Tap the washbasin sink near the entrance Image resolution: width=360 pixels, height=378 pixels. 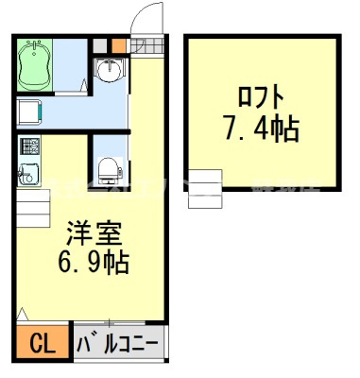click(110, 70)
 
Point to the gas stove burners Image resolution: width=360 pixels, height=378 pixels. click(28, 147)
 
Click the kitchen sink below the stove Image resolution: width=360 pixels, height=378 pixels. click(27, 173)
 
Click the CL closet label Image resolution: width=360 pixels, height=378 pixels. click(42, 342)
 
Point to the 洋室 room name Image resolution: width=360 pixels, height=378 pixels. click(86, 230)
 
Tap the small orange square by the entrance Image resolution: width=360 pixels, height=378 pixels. click(117, 43)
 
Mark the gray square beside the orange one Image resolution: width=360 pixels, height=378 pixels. click(102, 43)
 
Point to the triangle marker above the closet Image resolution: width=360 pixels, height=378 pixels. click(22, 316)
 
